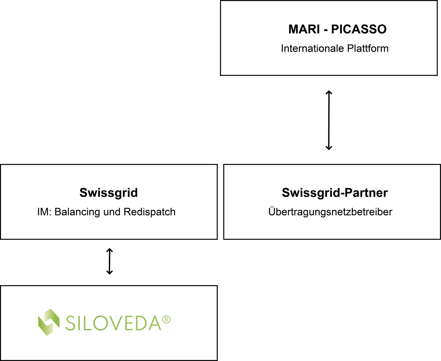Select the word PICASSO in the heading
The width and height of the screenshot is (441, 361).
point(359,29)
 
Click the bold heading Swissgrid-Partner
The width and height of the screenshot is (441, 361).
point(335,193)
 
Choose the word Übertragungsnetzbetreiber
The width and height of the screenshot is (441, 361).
point(330,212)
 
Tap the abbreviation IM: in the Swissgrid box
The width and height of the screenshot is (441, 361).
point(44,212)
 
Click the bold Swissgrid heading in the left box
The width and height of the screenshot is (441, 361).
point(108,193)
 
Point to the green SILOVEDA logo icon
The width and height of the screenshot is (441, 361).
point(48,322)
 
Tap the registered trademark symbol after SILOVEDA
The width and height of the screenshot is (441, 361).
point(167,320)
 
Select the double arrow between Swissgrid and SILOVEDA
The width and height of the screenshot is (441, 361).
point(109,261)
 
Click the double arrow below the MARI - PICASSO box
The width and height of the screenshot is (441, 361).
point(329,120)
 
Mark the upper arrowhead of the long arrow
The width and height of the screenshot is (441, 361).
point(329,92)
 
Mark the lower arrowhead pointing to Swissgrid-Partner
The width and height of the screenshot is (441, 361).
point(329,148)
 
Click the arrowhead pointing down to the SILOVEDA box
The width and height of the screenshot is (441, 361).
point(109,272)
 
